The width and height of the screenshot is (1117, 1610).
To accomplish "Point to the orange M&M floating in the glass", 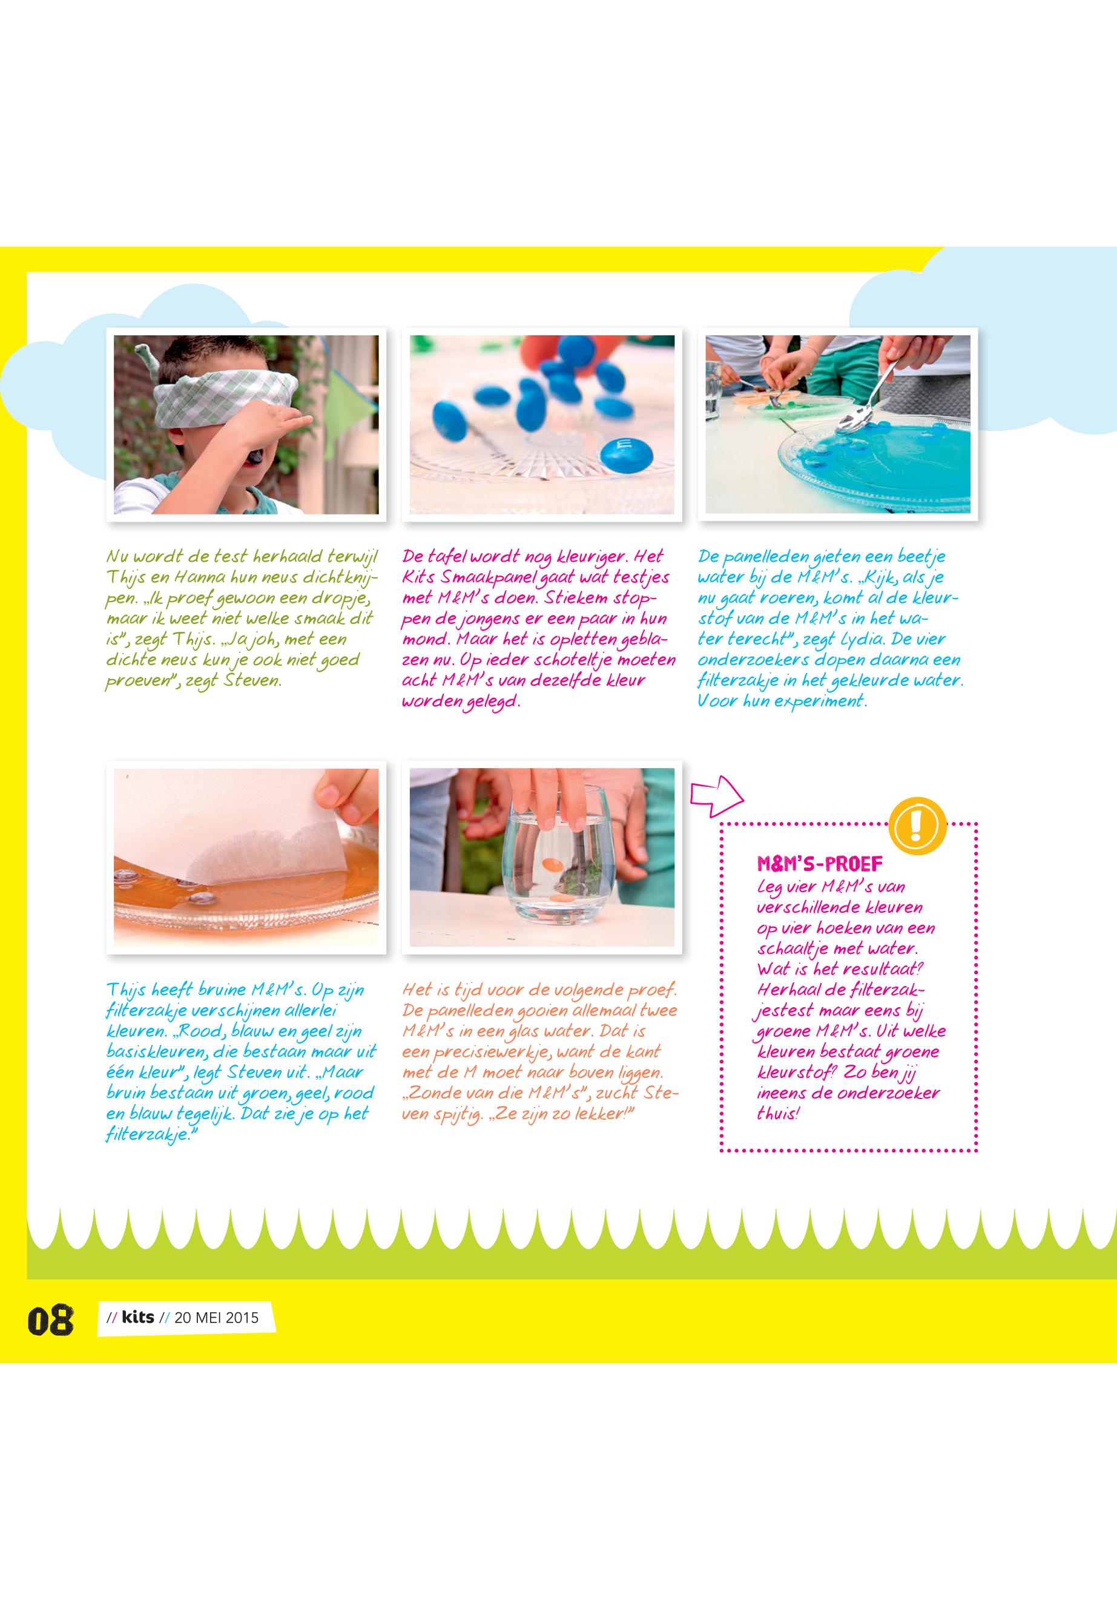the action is click(553, 866).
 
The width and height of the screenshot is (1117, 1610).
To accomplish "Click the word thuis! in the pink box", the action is click(778, 1113).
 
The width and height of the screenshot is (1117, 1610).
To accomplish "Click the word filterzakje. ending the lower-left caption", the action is click(149, 1135).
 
